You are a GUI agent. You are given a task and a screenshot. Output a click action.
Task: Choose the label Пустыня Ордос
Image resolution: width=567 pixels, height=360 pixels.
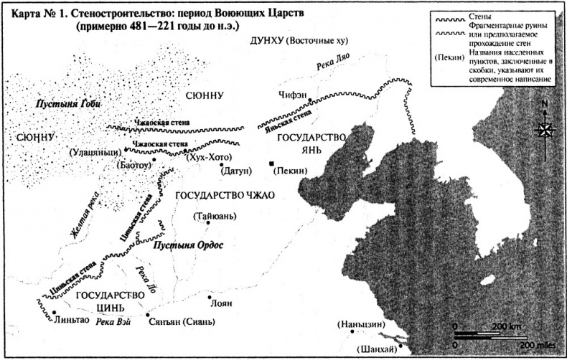point(189,245)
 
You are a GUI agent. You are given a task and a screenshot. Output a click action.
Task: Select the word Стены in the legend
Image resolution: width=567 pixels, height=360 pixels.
point(483,14)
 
